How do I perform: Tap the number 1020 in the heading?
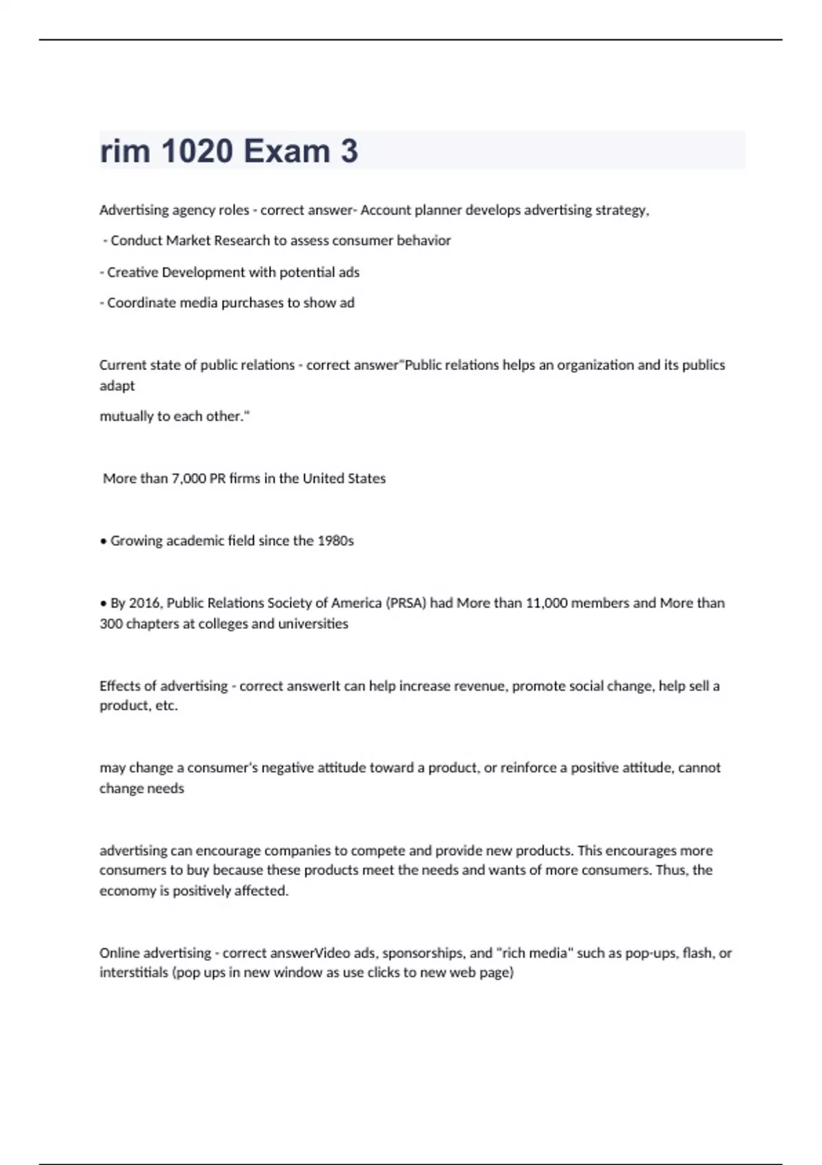coord(197,151)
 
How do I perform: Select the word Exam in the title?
coord(286,151)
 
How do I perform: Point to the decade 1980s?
coord(336,541)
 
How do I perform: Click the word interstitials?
coord(134,973)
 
